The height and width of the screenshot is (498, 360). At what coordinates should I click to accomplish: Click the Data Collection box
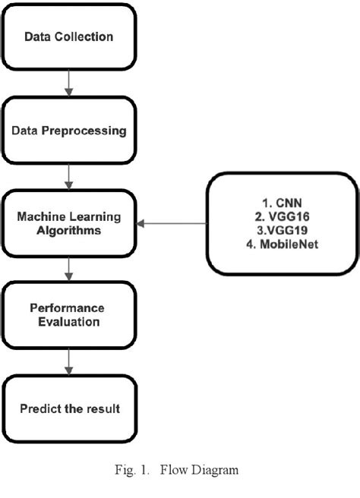pos(69,36)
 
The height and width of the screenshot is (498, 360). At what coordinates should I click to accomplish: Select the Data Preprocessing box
pos(69,131)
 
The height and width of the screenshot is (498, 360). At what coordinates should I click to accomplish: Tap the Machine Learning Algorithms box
pos(69,224)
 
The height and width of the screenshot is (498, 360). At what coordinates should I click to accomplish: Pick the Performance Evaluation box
pos(69,316)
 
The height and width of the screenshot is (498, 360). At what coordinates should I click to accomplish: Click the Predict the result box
pos(69,409)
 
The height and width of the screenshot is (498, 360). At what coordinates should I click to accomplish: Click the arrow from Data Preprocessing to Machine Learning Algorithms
pos(69,177)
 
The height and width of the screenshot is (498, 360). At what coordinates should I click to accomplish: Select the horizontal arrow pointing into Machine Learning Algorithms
pos(173,224)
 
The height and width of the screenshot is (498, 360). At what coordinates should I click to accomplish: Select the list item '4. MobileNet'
pos(276,244)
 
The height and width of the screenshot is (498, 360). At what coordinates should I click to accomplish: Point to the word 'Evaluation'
pos(69,323)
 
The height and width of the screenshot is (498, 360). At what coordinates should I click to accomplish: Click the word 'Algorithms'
pos(69,231)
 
